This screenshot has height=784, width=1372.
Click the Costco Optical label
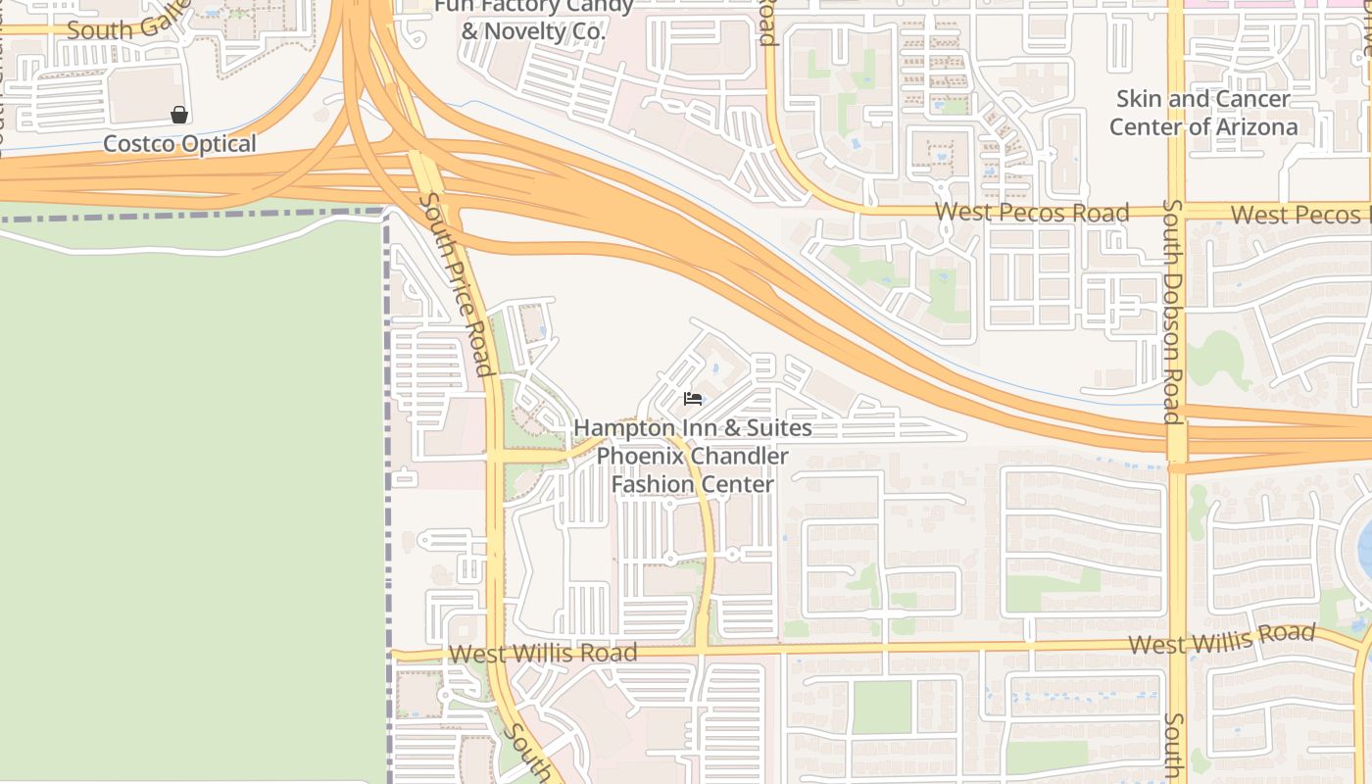point(179,144)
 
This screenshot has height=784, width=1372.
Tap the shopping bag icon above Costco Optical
point(179,116)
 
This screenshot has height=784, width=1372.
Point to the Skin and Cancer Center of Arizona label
point(1203,113)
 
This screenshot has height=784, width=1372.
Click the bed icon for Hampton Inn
point(693,399)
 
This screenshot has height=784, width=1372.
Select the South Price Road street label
point(456,284)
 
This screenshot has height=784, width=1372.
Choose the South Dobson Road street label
point(1172,312)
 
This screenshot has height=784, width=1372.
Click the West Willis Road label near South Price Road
point(543,653)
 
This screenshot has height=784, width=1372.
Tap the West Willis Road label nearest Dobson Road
point(1221,639)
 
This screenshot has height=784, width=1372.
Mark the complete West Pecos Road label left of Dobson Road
point(1032,213)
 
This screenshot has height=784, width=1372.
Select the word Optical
point(218,144)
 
